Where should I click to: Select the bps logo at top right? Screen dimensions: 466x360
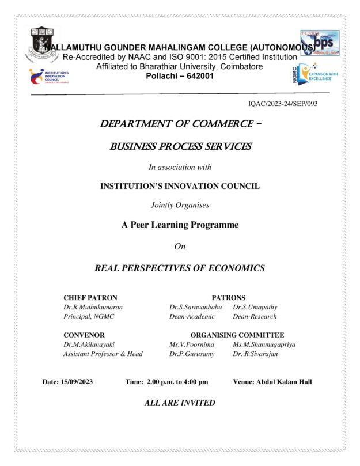pos(319,43)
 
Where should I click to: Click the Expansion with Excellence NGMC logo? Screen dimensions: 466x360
pos(313,75)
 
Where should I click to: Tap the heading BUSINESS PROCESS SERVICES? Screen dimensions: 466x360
pos(180,146)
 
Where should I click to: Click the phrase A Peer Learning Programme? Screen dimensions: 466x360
pos(180,225)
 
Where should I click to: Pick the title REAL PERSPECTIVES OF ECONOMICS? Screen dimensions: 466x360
pos(180,268)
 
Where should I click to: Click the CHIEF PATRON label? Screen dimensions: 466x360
pos(90,298)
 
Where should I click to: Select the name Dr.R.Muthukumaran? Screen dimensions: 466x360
pos(93,307)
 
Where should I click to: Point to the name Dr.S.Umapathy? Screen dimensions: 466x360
pos(255,307)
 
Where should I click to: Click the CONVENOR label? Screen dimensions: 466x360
pos(84,335)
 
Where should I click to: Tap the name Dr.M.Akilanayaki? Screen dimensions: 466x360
pos(89,344)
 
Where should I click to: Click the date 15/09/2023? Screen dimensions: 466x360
pos(78,381)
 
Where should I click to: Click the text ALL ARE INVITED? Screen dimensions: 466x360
pos(180,403)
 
